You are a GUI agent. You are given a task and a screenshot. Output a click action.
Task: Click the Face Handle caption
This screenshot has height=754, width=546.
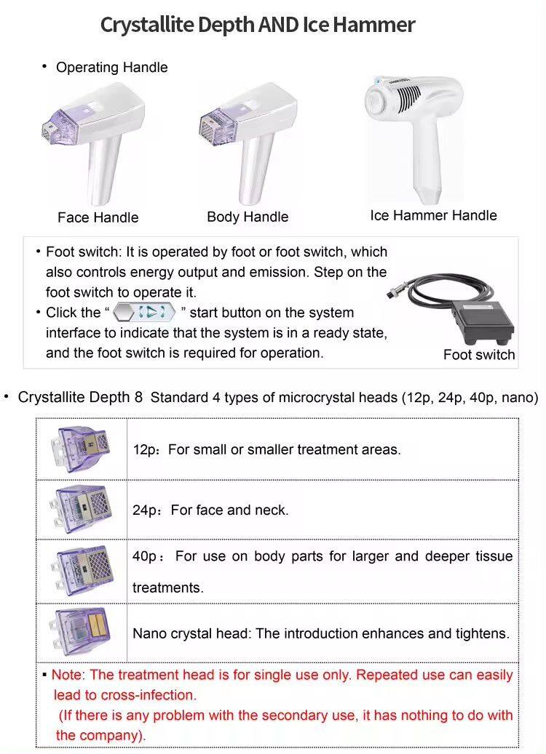coord(98,217)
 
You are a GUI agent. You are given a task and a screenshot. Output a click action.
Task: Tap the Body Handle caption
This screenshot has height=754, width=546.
coord(248,217)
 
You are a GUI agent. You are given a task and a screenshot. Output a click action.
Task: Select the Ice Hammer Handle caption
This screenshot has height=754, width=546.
coord(433,215)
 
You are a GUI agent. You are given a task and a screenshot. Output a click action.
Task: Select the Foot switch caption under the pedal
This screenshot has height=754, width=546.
coord(478,355)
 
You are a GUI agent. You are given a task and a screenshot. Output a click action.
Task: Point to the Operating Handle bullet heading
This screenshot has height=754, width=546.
coord(111,68)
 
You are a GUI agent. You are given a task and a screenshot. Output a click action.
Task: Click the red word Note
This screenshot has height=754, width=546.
coord(68,675)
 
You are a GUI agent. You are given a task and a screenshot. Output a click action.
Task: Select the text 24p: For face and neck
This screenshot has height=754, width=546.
coord(210,510)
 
